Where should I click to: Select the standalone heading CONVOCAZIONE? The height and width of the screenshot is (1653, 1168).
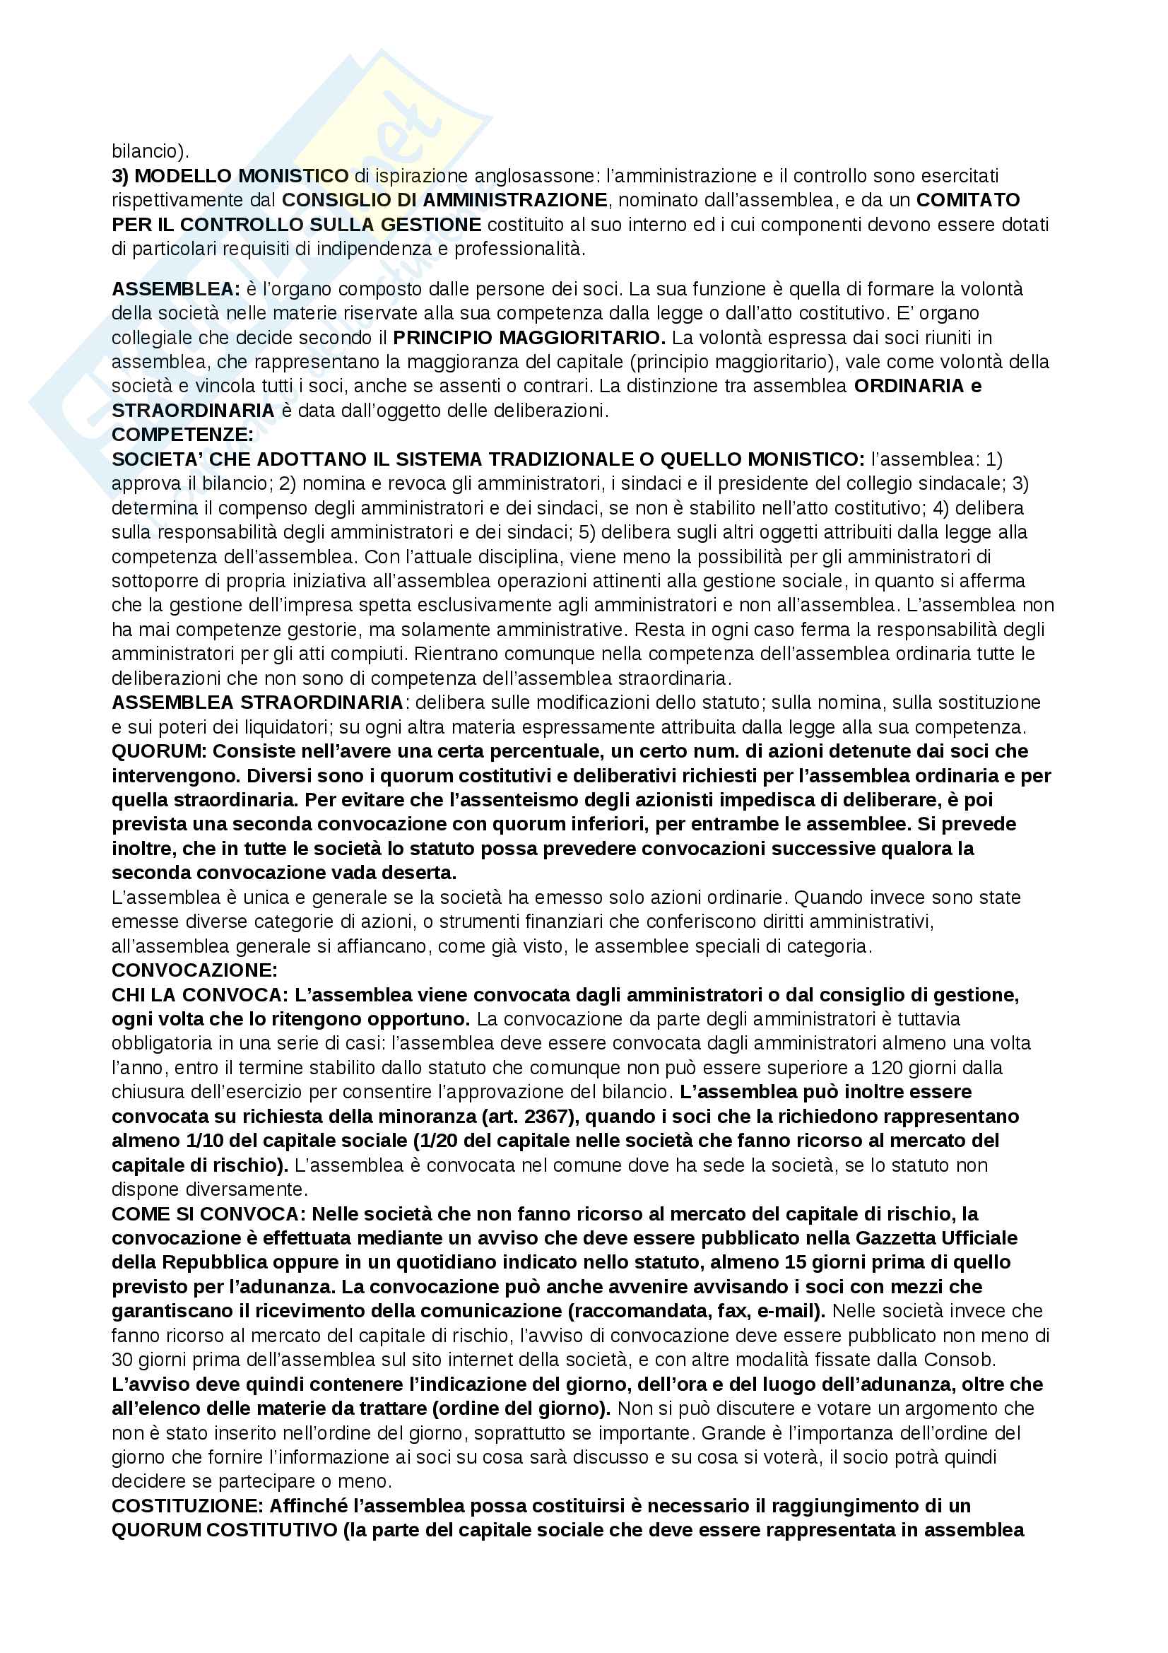[x=194, y=970]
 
